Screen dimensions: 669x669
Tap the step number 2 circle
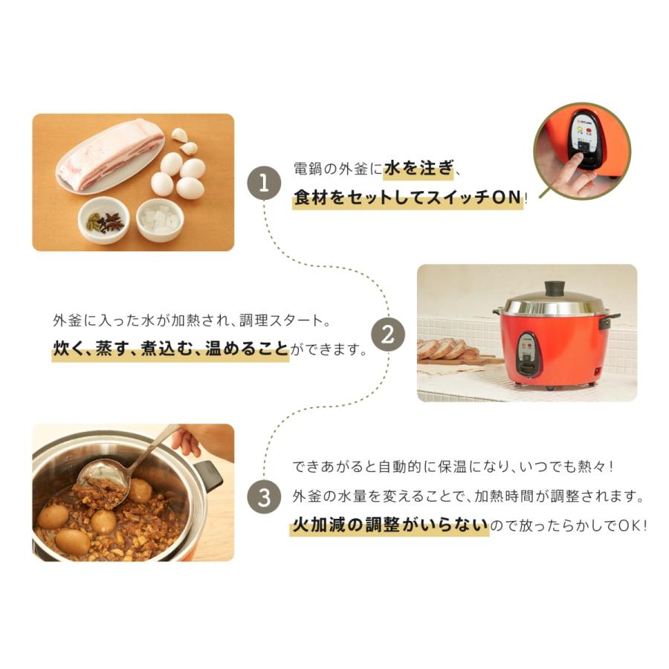(x=387, y=335)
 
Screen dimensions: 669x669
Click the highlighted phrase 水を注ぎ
(x=418, y=169)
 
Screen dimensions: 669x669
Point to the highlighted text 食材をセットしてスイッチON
(x=407, y=198)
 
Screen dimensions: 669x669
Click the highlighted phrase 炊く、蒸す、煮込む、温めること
(x=170, y=349)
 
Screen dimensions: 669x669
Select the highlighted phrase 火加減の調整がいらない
(x=390, y=526)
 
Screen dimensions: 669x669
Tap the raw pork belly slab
(x=109, y=154)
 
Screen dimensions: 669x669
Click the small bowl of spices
(x=104, y=220)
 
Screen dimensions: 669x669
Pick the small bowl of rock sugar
(x=160, y=219)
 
